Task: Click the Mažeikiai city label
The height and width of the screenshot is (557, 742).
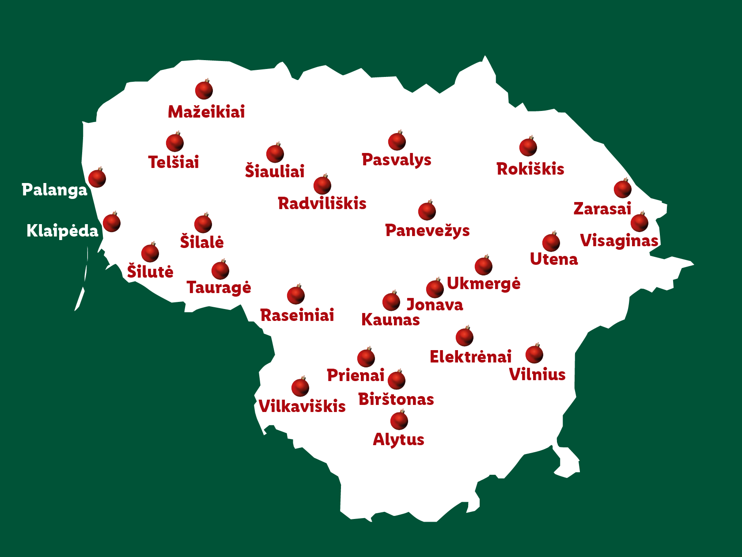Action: click(x=206, y=112)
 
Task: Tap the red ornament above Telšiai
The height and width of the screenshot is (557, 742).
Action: click(x=175, y=143)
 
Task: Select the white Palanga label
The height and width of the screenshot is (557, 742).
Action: click(x=55, y=190)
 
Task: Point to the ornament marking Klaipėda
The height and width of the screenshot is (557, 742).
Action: click(x=112, y=223)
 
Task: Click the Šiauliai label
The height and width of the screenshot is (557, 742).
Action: click(x=275, y=171)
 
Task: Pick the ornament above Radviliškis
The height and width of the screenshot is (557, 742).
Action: click(x=322, y=185)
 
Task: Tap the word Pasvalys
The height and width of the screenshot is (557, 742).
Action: click(x=396, y=160)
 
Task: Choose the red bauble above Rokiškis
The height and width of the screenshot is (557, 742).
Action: click(x=528, y=147)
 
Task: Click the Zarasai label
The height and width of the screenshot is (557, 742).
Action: click(x=602, y=208)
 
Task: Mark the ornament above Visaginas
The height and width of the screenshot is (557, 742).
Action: click(x=640, y=222)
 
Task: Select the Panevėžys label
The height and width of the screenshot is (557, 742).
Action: click(x=427, y=230)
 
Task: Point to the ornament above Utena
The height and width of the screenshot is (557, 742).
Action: click(x=551, y=242)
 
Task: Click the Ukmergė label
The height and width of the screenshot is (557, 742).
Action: click(x=484, y=283)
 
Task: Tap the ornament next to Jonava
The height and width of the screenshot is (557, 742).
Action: click(x=435, y=289)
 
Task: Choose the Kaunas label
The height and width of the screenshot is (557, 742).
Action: click(x=390, y=320)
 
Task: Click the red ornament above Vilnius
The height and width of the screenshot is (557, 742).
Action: click(x=534, y=354)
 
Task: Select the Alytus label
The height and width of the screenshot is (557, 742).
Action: click(x=398, y=439)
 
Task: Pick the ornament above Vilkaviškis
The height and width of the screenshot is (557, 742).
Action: click(x=300, y=388)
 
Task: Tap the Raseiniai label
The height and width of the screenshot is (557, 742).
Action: click(x=297, y=315)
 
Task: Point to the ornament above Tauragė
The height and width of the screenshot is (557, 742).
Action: click(x=220, y=271)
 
